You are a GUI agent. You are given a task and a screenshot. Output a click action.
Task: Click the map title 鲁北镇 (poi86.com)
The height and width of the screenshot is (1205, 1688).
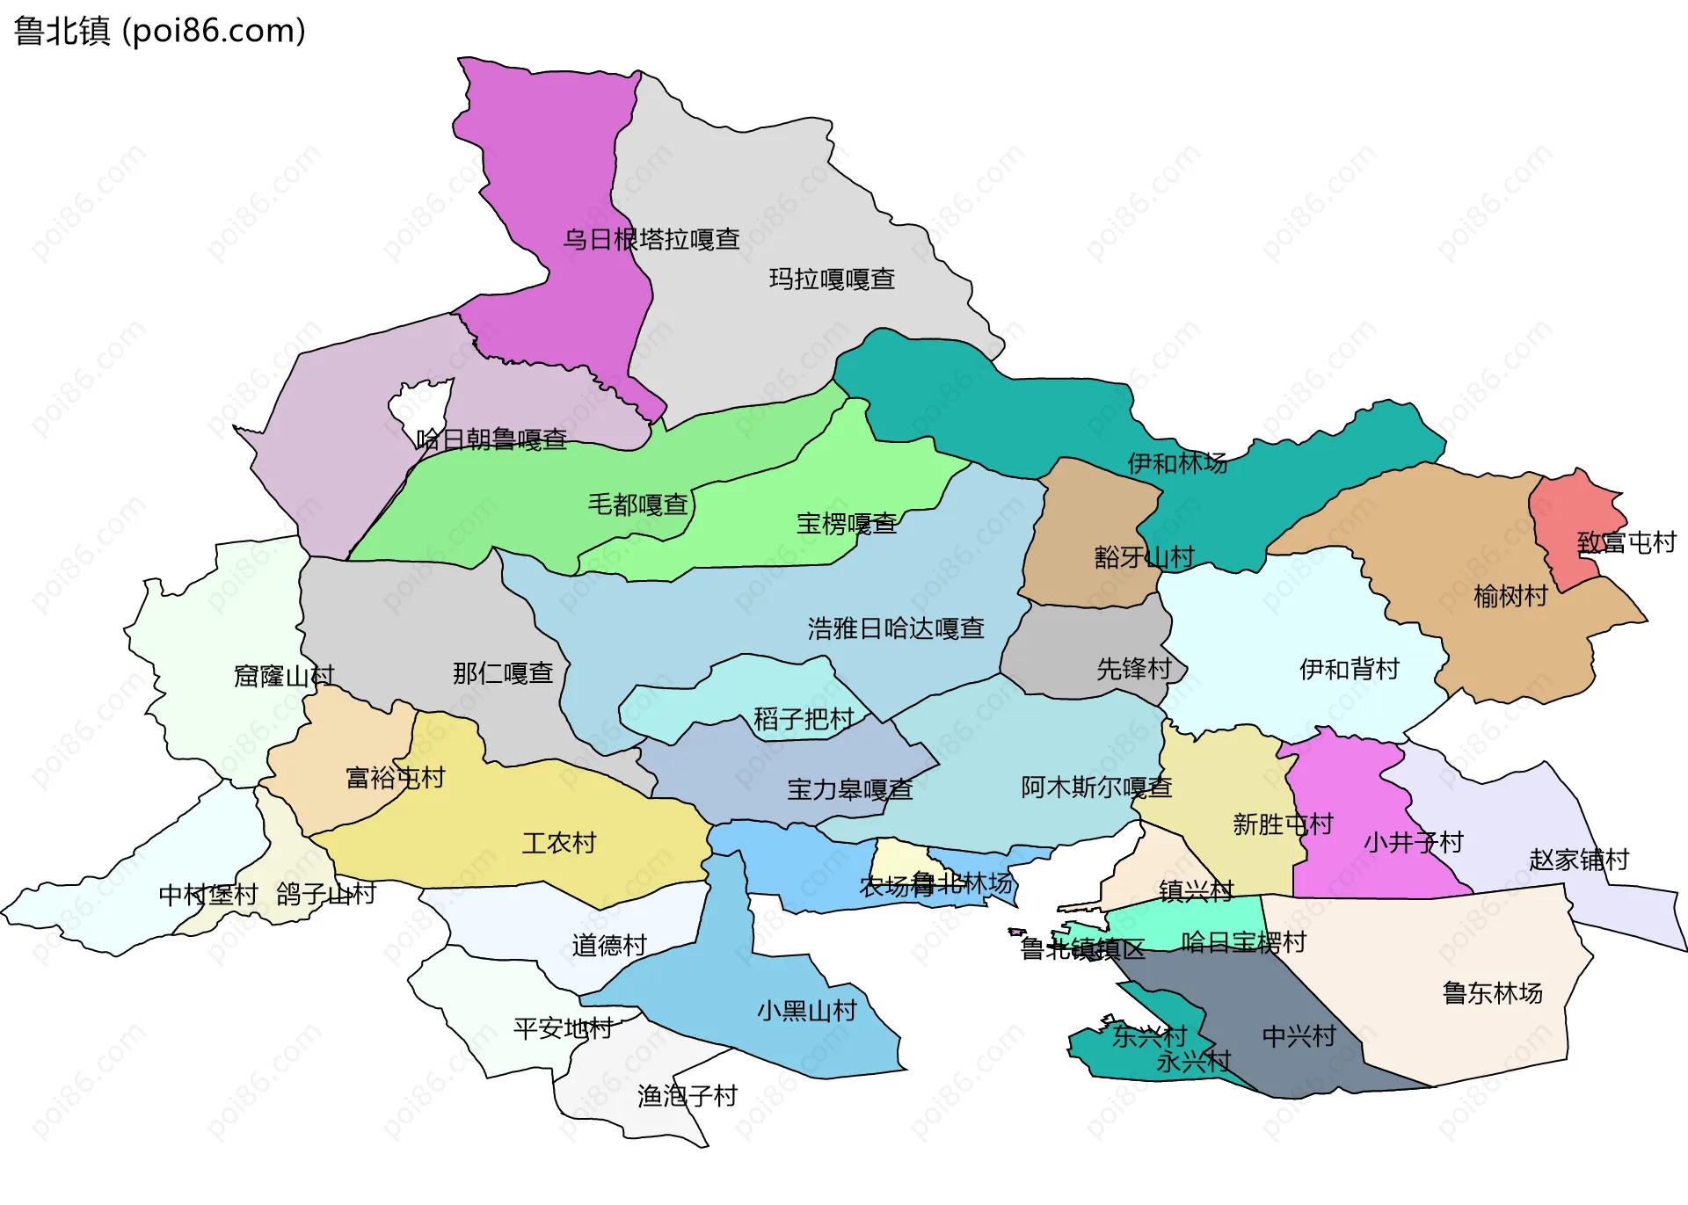click(x=159, y=31)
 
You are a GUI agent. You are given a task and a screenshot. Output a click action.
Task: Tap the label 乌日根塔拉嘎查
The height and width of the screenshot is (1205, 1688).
click(x=651, y=239)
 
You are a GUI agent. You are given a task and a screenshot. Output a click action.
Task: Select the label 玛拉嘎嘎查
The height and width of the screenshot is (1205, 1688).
click(x=832, y=279)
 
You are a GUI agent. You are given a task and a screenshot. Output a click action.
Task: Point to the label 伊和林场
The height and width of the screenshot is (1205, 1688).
click(x=1176, y=463)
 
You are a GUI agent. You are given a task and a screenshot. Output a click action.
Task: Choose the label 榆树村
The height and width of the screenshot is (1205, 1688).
click(x=1510, y=596)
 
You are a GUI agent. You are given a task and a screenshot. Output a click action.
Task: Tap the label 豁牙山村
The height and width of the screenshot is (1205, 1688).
click(x=1144, y=556)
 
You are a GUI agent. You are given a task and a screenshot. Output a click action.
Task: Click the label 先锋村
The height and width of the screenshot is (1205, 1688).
click(x=1133, y=669)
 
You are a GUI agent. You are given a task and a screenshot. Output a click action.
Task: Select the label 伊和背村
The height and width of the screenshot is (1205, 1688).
click(x=1349, y=669)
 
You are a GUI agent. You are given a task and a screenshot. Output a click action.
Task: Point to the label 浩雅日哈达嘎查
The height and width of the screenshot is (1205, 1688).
click(x=895, y=628)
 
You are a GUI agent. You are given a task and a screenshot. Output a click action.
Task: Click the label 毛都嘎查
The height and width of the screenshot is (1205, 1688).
click(x=637, y=505)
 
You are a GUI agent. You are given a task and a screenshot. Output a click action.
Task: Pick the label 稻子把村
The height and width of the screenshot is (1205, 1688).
click(x=804, y=719)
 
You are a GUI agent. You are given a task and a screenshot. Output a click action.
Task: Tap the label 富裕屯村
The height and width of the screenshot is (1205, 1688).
click(x=395, y=777)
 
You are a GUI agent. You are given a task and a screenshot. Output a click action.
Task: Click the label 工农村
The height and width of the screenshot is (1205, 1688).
click(x=558, y=843)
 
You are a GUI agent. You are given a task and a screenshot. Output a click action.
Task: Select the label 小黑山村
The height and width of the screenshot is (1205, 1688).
click(x=806, y=1011)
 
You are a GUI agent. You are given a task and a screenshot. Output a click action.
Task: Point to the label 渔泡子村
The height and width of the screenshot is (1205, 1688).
click(x=687, y=1096)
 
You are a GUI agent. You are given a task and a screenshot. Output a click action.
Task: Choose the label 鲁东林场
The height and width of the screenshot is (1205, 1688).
click(x=1492, y=993)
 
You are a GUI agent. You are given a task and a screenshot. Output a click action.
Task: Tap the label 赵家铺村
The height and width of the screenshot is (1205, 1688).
click(x=1578, y=859)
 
